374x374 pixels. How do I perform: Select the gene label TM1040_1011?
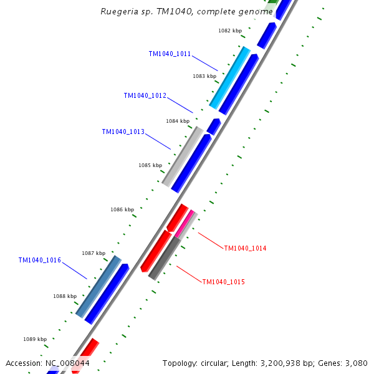pyautogui.click(x=170, y=54)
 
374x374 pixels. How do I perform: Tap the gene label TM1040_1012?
pyautogui.click(x=145, y=96)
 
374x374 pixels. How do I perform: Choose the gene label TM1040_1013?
pyautogui.click(x=123, y=132)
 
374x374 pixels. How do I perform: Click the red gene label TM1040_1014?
pyautogui.click(x=245, y=249)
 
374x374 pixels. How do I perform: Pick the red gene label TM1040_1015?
pyautogui.click(x=223, y=282)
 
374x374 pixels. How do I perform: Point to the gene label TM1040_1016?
pyautogui.click(x=39, y=261)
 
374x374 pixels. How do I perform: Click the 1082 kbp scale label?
pyautogui.click(x=229, y=31)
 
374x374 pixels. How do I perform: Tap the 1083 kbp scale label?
pyautogui.click(x=204, y=76)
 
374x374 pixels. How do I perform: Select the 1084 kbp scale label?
pyautogui.click(x=177, y=121)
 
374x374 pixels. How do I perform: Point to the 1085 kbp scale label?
pyautogui.click(x=150, y=166)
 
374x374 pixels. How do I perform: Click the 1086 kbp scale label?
pyautogui.click(x=122, y=210)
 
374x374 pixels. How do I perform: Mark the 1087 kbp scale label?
pyautogui.click(x=93, y=253)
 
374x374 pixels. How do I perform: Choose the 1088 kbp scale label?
pyautogui.click(x=64, y=297)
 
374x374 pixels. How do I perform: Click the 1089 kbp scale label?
pyautogui.click(x=35, y=339)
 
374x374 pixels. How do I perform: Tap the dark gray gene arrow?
pyautogui.click(x=165, y=257)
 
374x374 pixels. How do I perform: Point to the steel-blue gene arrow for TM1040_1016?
pyautogui.click(x=98, y=286)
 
